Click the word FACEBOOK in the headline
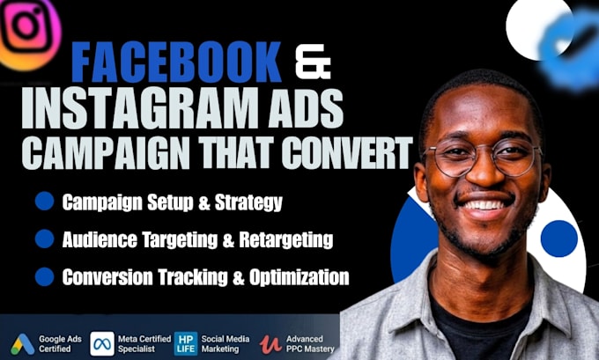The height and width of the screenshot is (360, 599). tap(176, 62)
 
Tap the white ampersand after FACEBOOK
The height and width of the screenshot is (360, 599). tap(314, 62)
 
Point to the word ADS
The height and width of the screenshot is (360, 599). tap(305, 108)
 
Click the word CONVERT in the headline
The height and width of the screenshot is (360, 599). tap(347, 152)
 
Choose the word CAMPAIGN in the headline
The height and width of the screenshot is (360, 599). tap(106, 152)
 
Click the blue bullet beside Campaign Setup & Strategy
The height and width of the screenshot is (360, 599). tap(44, 202)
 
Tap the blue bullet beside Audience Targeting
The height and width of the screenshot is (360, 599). tap(44, 239)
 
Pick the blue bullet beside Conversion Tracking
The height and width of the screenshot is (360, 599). tap(44, 276)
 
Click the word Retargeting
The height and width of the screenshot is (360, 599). tap(286, 240)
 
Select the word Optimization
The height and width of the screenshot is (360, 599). tap(299, 277)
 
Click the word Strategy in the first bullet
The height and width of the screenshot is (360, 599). tap(248, 202)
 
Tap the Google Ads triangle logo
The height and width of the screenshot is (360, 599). tap(23, 344)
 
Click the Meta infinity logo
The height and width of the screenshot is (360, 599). tap(102, 343)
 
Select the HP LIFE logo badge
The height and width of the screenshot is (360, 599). tap(186, 343)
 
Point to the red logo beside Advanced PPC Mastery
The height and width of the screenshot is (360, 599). tap(270, 344)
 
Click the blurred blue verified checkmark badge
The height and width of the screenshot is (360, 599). tap(570, 49)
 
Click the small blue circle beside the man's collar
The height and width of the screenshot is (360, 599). tap(558, 239)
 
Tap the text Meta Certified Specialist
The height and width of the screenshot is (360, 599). tap(144, 343)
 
